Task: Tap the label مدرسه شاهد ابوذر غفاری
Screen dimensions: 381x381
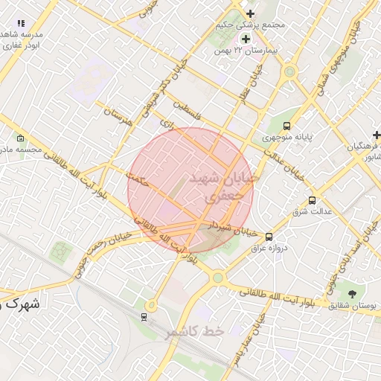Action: tap(22, 40)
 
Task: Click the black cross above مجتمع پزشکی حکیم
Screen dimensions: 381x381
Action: tap(250, 13)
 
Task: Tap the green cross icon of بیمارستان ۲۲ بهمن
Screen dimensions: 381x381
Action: tap(246, 38)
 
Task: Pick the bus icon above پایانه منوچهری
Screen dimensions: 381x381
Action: tap(287, 126)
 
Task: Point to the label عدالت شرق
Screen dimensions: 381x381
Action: tap(313, 212)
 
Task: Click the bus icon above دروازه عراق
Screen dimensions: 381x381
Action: tap(269, 237)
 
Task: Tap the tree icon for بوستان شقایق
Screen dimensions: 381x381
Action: tap(350, 294)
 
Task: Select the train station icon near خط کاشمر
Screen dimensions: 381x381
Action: tap(144, 317)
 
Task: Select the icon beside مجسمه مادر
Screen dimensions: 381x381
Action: tap(20, 138)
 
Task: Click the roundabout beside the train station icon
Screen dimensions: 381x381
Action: tap(151, 304)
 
